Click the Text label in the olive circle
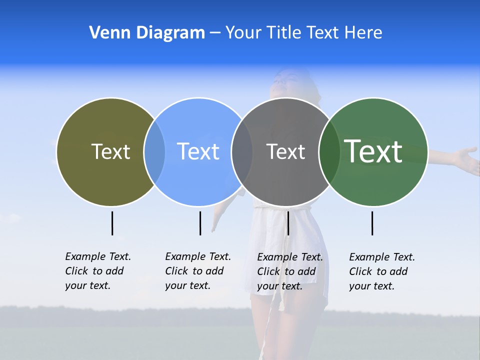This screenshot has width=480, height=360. pyautogui.click(x=110, y=151)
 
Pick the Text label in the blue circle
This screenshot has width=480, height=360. pyautogui.click(x=198, y=151)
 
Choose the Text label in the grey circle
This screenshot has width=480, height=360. pyautogui.click(x=285, y=151)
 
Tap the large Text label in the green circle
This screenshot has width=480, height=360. pyautogui.click(x=373, y=151)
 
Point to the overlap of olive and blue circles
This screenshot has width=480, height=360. pyautogui.click(x=154, y=151)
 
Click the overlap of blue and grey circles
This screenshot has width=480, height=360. pyautogui.click(x=242, y=151)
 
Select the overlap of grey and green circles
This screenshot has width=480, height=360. pyautogui.click(x=329, y=151)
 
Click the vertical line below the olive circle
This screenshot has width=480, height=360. pyautogui.click(x=112, y=223)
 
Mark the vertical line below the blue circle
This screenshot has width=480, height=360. pyautogui.click(x=200, y=223)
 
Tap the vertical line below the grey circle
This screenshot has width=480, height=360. pyautogui.click(x=288, y=223)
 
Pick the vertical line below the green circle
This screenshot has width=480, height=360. pyautogui.click(x=372, y=223)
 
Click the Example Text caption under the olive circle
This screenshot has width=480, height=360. pyautogui.click(x=97, y=271)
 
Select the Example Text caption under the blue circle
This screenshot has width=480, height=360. pyautogui.click(x=197, y=271)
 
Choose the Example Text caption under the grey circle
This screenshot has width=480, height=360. pyautogui.click(x=289, y=271)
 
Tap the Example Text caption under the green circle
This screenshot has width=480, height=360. pyautogui.click(x=381, y=271)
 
